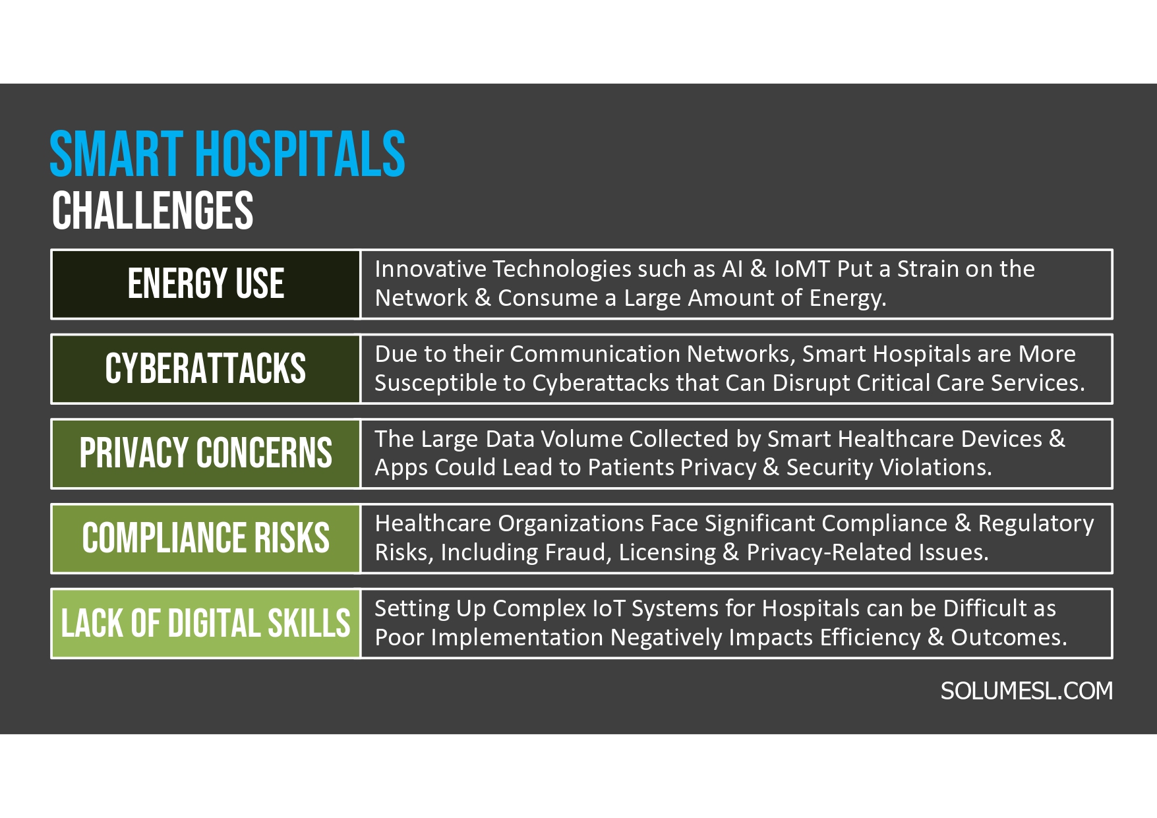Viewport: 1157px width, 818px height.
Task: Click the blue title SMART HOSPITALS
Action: pos(227,154)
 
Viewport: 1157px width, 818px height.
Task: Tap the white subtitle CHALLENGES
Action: pos(152,211)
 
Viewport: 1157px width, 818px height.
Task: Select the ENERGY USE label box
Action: pos(206,284)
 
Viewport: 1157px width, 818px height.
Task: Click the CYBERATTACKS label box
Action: pos(206,368)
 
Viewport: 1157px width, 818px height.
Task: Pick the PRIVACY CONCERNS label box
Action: pos(206,453)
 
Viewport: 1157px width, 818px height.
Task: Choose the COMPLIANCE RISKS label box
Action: pos(206,538)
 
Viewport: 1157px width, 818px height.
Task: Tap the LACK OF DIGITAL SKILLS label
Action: pos(206,624)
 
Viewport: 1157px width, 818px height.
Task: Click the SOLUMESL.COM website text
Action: pos(1026,691)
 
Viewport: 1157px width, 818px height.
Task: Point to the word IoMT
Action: pos(802,269)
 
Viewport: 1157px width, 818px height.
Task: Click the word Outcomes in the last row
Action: pos(1008,637)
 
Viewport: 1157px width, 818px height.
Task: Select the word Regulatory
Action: pos(1036,523)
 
